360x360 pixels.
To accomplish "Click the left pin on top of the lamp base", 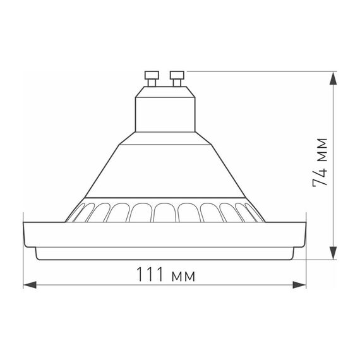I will pyautogui.click(x=152, y=79).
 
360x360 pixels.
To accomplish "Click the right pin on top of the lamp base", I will pyautogui.click(x=176, y=79).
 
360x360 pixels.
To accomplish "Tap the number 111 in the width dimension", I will pyautogui.click(x=152, y=275).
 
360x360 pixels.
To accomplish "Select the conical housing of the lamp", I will pyautogui.click(x=164, y=167).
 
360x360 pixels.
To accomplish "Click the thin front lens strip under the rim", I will pyautogui.click(x=164, y=253).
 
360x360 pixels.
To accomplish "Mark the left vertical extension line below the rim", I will pyautogui.click(x=23, y=265).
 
